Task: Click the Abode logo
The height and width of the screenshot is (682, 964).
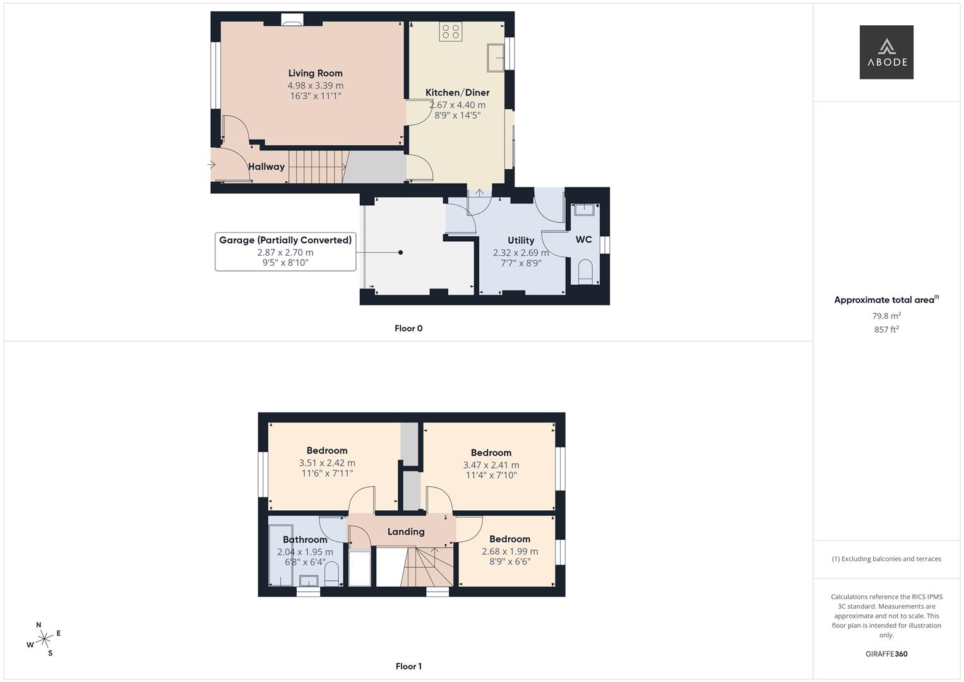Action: coord(886,52)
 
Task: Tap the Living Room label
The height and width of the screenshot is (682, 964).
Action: coord(315,73)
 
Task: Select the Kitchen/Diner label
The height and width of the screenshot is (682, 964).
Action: coord(457,93)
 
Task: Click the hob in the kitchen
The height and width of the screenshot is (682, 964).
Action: coord(451,32)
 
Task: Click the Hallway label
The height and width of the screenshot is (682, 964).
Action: coord(266,167)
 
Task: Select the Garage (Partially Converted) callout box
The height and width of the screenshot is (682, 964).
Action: coord(285,251)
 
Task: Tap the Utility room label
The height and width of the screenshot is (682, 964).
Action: coord(521,241)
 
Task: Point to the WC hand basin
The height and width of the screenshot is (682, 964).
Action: coord(585,209)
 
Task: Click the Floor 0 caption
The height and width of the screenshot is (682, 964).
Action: coord(408,328)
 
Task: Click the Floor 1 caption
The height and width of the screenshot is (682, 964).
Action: coord(408,666)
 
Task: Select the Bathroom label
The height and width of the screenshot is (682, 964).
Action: coord(305,540)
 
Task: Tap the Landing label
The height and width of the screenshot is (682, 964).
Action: coord(406,532)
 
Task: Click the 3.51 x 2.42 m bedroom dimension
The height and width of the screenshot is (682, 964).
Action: coord(327,463)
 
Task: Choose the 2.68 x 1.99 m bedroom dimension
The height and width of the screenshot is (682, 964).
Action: coord(509,551)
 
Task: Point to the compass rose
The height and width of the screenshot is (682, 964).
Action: coord(44,640)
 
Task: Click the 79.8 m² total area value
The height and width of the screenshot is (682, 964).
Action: coord(886,316)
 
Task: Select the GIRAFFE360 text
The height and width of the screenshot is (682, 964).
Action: coord(886,654)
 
